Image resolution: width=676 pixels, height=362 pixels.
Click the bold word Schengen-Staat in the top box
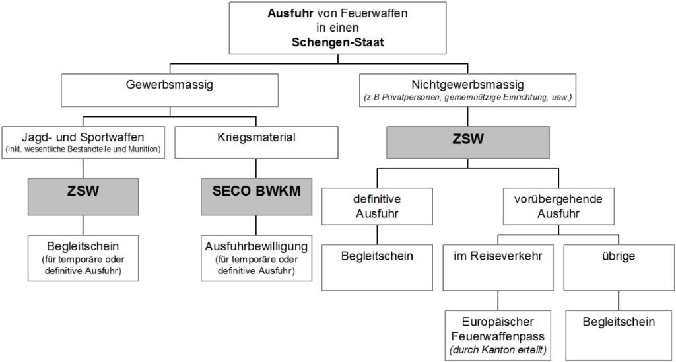(337, 42)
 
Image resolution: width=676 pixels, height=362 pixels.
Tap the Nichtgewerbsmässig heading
(467, 85)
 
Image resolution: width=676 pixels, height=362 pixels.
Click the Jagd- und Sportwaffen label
(83, 137)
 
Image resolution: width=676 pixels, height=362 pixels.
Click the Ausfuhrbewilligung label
(256, 246)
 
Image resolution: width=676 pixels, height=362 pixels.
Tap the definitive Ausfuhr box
(378, 206)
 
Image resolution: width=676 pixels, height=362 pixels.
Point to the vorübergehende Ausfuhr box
(558, 206)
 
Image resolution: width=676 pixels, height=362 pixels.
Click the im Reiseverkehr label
(498, 256)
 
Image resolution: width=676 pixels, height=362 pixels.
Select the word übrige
(619, 256)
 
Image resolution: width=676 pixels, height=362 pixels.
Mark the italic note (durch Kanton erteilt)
(498, 349)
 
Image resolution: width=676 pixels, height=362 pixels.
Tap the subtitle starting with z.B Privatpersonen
(467, 98)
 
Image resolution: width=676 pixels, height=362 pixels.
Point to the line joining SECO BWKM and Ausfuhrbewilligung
(256, 225)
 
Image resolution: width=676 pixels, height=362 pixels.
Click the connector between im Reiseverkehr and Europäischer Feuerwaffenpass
(498, 301)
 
